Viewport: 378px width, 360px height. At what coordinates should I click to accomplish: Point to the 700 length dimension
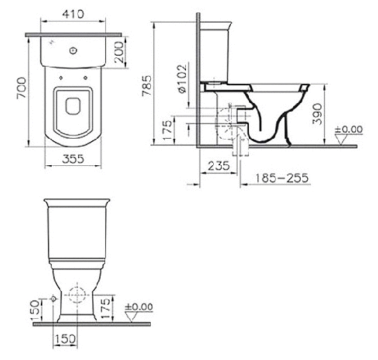(21, 91)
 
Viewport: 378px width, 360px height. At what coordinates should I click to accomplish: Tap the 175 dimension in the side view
(167, 129)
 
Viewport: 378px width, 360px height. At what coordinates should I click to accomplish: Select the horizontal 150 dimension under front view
(64, 339)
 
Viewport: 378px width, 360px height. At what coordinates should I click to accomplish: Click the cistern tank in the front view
(77, 227)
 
